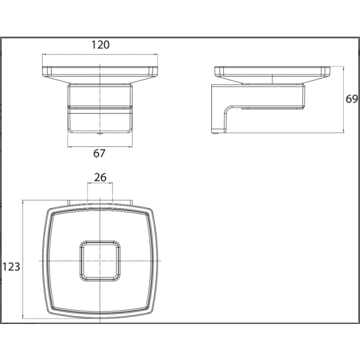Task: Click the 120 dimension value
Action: pos(100,45)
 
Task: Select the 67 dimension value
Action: pos(99,154)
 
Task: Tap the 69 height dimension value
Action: pos(352,99)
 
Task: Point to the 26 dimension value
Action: pos(100,178)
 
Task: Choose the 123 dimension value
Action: pos(11,267)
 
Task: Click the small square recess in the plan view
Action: pos(100,261)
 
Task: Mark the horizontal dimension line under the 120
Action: pos(100,55)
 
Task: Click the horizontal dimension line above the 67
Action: pos(100,146)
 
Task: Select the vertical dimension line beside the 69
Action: pos(343,100)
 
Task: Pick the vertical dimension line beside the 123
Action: pos(23,259)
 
